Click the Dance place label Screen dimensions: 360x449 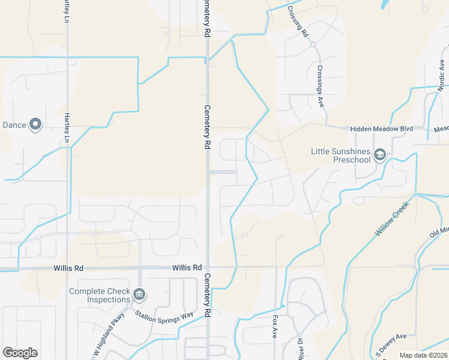(x=14, y=125)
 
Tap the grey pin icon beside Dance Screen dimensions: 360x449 (x=35, y=124)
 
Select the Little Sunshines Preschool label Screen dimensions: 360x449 (x=340, y=155)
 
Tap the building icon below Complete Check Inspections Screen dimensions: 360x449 (x=139, y=294)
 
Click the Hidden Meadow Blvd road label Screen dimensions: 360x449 (x=382, y=129)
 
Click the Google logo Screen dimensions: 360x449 (x=20, y=353)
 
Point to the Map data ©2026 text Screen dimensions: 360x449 (x=423, y=355)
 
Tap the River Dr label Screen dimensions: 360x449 (x=300, y=349)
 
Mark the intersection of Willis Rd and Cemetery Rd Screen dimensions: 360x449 (x=208, y=267)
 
